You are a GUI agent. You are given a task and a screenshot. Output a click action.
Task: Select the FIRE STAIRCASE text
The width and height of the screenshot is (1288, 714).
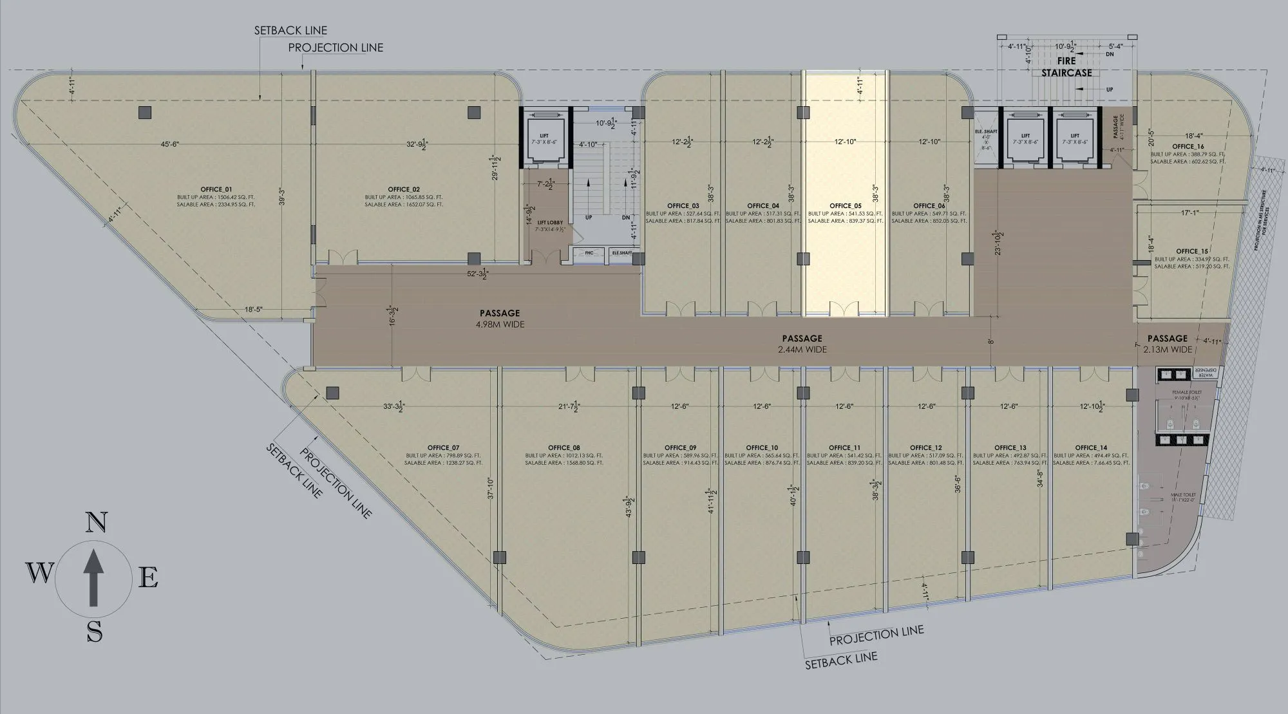click(x=1066, y=67)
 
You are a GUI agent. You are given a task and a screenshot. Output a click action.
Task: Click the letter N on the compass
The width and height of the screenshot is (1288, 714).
click(x=95, y=522)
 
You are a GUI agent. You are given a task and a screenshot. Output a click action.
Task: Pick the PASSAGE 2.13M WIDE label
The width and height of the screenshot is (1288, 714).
click(x=1168, y=343)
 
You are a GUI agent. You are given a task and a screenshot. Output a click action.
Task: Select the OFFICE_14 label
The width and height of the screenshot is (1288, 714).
click(x=1091, y=447)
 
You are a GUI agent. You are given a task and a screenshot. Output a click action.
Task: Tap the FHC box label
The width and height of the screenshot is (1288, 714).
click(x=589, y=253)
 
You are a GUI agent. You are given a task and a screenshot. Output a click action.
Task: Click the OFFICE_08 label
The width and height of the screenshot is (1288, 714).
click(x=564, y=447)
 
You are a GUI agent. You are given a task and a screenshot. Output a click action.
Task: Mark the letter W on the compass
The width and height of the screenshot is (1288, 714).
click(x=39, y=572)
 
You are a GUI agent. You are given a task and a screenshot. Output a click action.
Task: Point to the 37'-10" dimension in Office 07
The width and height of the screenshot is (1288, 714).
click(x=490, y=488)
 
